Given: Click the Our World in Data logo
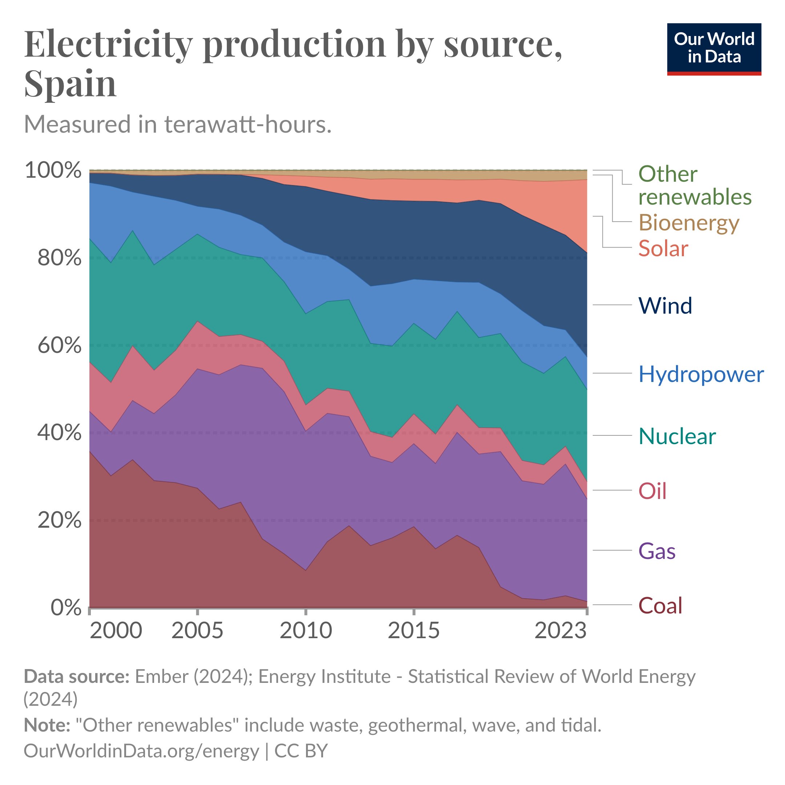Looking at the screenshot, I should click(x=714, y=49).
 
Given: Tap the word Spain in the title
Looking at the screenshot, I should click(x=70, y=83).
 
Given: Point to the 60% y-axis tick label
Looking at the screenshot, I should click(x=59, y=345).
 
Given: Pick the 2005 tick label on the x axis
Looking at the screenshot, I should click(x=197, y=631).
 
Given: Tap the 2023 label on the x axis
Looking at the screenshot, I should click(x=560, y=631).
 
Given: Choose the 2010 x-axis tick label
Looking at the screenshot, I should click(x=306, y=631).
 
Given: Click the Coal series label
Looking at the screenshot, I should click(x=660, y=605).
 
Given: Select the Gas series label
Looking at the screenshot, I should click(x=657, y=551).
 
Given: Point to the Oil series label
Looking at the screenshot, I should click(x=652, y=491).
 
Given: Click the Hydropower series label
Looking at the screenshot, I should click(x=701, y=374).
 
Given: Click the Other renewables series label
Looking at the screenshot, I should click(x=695, y=185).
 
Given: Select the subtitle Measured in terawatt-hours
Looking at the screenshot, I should click(x=178, y=124).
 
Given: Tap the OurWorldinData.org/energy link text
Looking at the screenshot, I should click(x=141, y=751).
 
